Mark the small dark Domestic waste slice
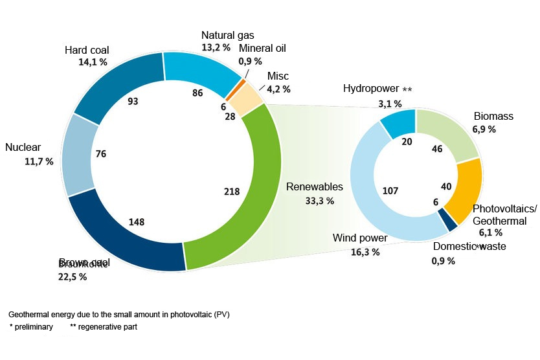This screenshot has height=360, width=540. click(x=444, y=219)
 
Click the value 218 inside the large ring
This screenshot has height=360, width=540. click(x=231, y=192)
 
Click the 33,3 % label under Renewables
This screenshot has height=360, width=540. click(x=319, y=201)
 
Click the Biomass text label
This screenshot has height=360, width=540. click(x=493, y=117)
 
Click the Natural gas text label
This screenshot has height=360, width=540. click(x=227, y=35)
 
